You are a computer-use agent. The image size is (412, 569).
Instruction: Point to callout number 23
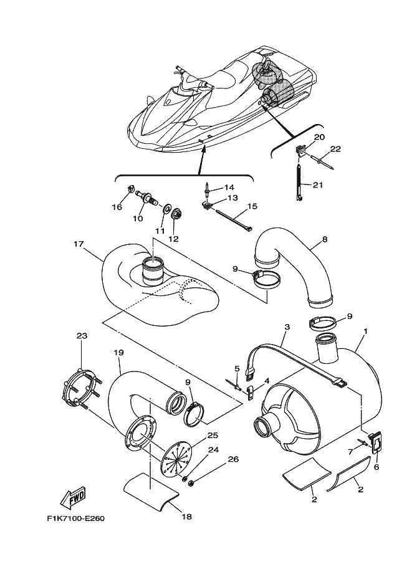click(82, 336)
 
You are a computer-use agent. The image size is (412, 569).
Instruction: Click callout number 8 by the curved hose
click(325, 239)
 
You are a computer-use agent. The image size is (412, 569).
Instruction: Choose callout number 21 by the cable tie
click(319, 184)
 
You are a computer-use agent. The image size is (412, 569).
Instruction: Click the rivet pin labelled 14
click(206, 188)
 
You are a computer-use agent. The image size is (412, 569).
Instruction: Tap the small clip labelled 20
click(300, 150)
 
